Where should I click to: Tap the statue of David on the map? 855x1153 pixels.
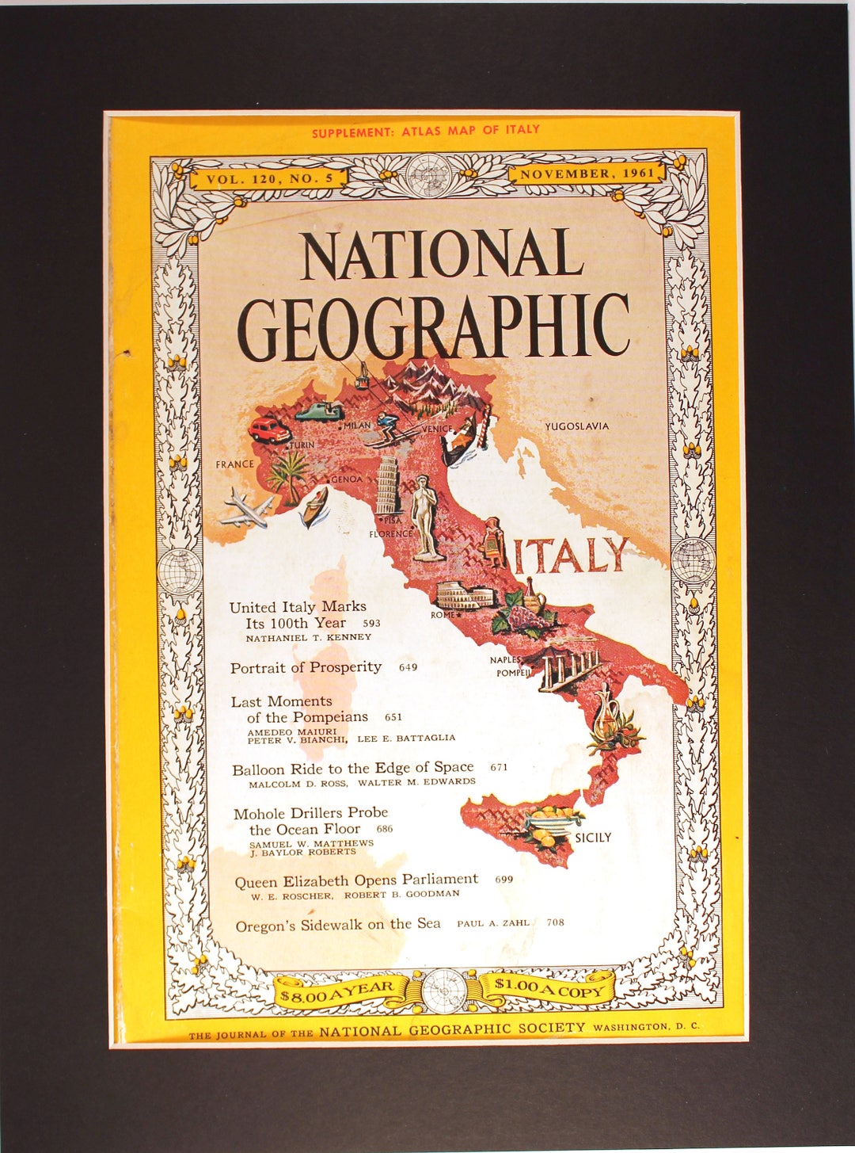426,519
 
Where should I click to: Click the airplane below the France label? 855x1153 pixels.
246,507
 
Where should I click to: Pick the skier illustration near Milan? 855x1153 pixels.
391,428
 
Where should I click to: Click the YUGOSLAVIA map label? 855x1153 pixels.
576,426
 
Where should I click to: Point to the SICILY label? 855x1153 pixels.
593,838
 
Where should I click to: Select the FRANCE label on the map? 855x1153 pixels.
235,464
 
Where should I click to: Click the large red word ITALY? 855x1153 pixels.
571,556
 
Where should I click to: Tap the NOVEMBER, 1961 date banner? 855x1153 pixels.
587,174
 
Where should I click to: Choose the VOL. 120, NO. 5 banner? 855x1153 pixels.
269,179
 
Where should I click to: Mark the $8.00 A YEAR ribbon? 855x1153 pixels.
337,991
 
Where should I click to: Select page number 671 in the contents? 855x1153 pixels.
499,767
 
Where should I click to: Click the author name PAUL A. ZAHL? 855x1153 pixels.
492,923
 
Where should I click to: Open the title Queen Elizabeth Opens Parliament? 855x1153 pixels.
356,880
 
